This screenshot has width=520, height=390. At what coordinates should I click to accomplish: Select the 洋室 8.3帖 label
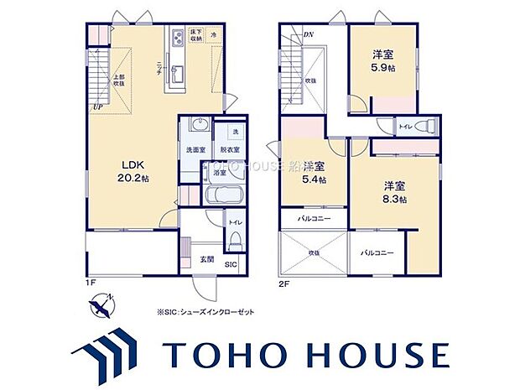(x=396, y=191)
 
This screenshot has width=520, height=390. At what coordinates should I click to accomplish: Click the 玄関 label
(x=207, y=258)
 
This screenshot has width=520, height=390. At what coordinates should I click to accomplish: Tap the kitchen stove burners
(x=179, y=37)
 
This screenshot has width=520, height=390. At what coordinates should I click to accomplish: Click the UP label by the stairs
(x=98, y=107)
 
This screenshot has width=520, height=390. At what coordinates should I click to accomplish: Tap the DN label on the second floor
(x=308, y=34)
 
